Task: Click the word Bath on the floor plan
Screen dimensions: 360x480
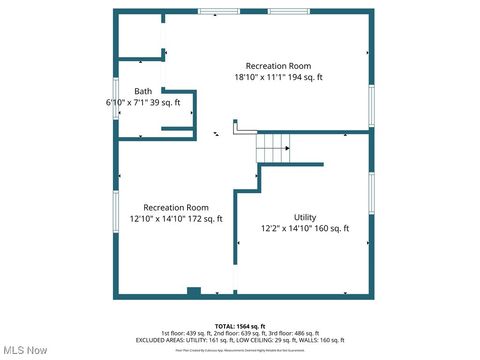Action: (x=143, y=91)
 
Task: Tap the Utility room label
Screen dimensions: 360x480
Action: (x=305, y=217)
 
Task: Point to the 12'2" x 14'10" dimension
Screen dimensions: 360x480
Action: (x=287, y=228)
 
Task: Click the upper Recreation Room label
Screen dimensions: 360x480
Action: (x=279, y=66)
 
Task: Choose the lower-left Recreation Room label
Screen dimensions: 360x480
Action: (x=176, y=207)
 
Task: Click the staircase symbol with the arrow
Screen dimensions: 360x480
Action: (x=273, y=150)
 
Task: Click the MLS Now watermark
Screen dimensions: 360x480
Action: (x=25, y=350)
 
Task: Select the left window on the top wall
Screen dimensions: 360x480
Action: (x=218, y=12)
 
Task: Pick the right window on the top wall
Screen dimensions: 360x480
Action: (x=288, y=12)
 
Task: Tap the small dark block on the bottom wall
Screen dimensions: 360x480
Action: (x=194, y=292)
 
